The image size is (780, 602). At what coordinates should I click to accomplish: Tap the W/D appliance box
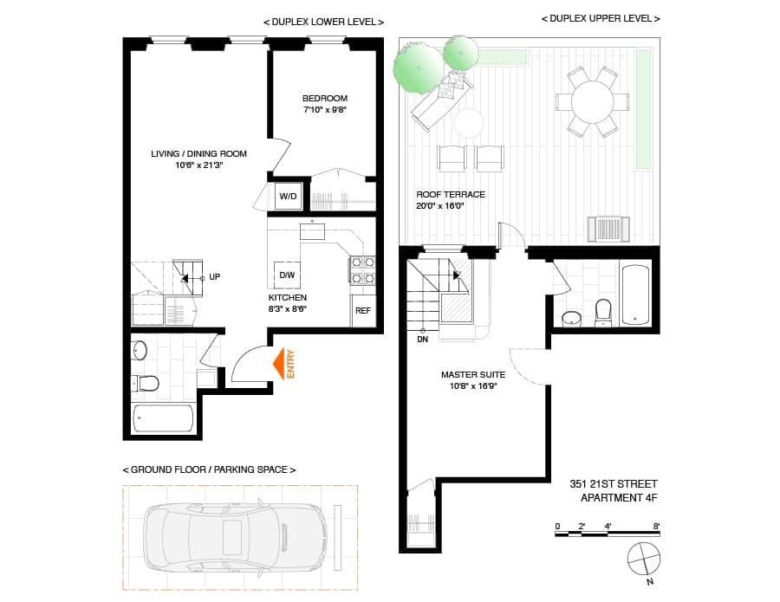click(288, 196)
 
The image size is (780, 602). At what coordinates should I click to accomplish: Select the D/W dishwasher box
click(287, 275)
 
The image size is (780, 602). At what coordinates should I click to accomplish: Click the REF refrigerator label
click(363, 311)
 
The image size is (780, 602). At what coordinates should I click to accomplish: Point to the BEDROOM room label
click(325, 99)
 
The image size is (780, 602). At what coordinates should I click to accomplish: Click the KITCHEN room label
click(288, 298)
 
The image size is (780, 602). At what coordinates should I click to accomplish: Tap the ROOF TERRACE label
click(451, 194)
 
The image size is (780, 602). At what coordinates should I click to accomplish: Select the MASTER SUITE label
click(473, 375)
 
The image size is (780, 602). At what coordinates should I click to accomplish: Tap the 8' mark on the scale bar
click(656, 526)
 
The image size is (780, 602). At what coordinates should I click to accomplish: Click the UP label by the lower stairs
click(214, 277)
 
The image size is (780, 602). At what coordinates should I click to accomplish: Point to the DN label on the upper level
click(422, 340)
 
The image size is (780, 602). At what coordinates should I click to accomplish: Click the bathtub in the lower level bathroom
click(163, 418)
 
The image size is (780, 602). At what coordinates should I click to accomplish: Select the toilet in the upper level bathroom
click(603, 313)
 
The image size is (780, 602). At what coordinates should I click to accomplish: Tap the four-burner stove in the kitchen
click(362, 270)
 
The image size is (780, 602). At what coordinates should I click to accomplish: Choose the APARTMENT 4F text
click(620, 497)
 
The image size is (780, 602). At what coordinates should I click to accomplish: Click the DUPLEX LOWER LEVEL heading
click(324, 23)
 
